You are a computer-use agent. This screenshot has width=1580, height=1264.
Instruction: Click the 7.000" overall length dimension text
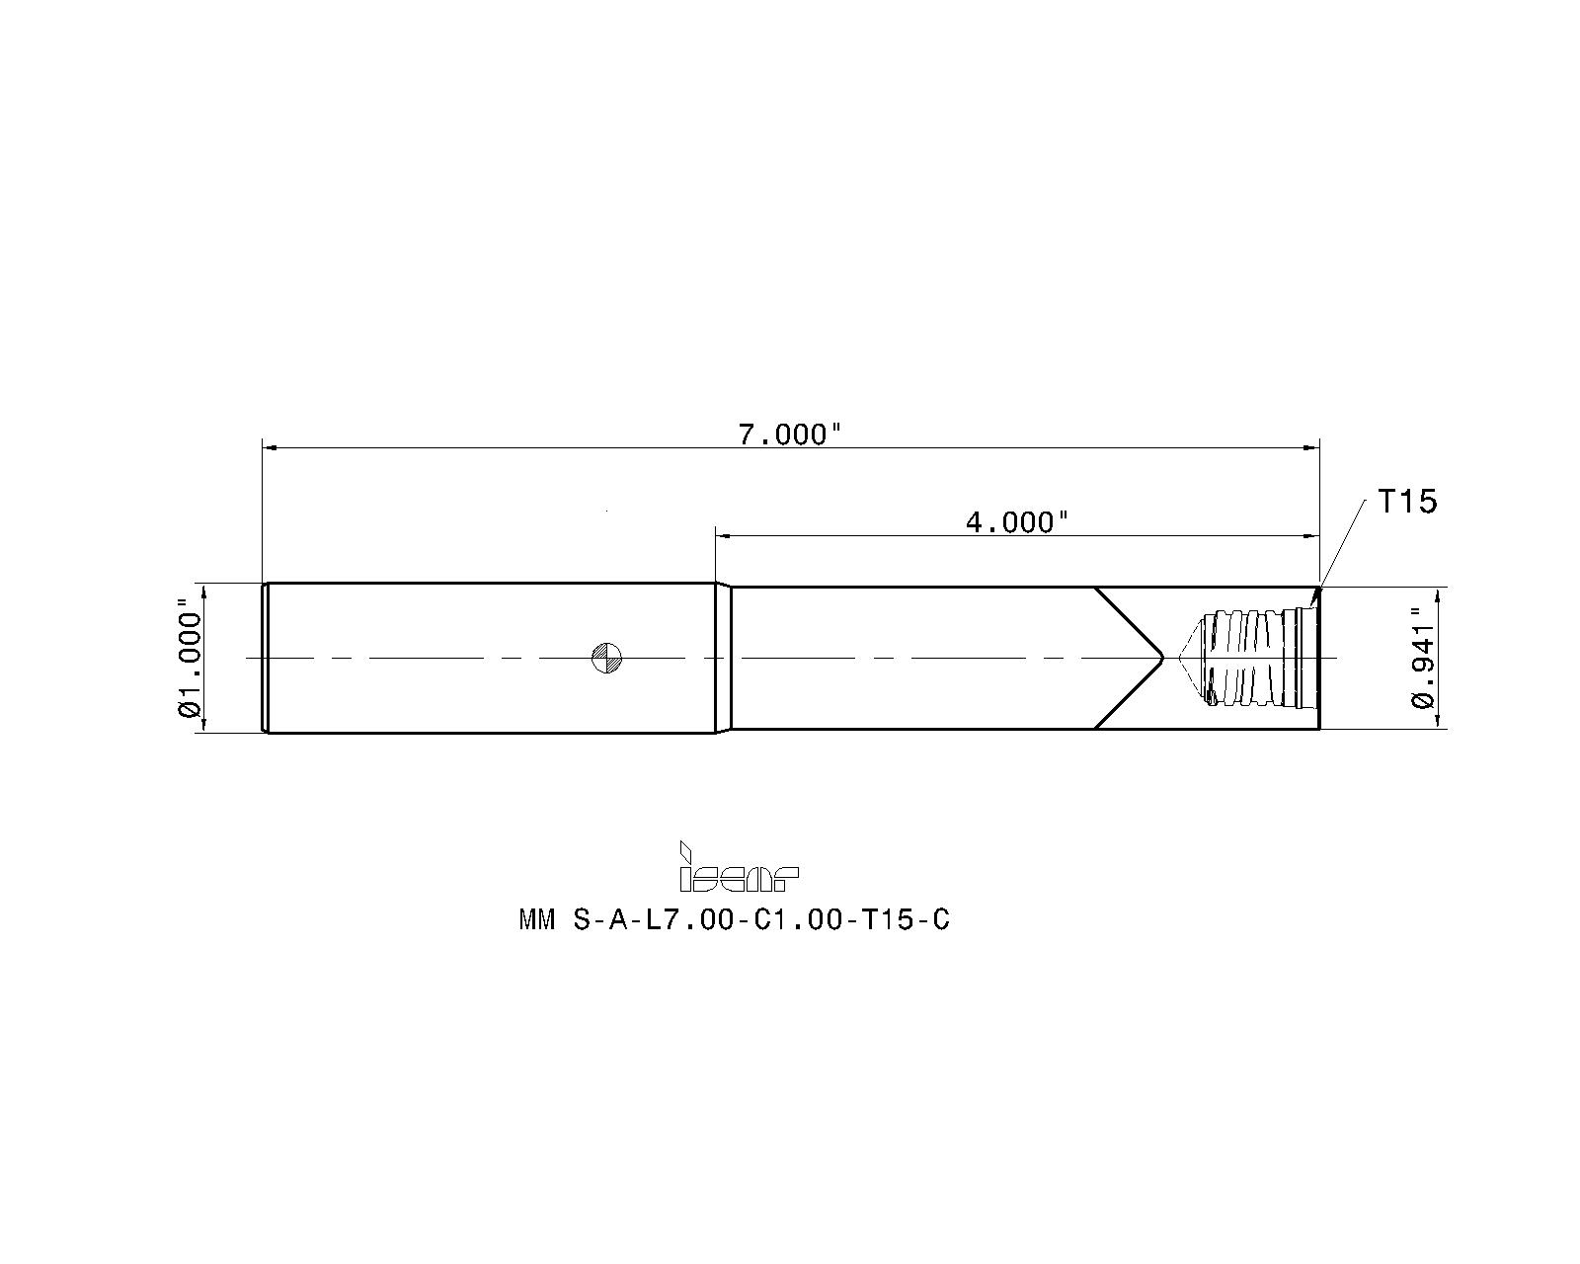click(790, 434)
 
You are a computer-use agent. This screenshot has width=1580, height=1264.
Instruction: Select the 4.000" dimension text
click(1017, 521)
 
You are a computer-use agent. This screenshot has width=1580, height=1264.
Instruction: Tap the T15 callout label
click(1407, 502)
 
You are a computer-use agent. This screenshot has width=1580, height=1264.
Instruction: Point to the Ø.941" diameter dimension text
click(1422, 658)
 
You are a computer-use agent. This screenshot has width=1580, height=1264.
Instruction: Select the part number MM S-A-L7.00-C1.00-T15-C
click(734, 920)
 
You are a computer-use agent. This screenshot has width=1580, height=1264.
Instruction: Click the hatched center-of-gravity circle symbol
click(605, 658)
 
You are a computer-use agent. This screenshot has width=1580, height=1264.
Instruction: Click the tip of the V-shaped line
click(1162, 658)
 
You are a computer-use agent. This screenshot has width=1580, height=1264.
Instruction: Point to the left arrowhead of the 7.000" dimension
click(269, 447)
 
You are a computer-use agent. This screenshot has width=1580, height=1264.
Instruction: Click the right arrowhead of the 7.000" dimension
click(1312, 447)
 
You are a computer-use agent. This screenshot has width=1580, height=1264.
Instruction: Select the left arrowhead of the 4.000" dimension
click(723, 535)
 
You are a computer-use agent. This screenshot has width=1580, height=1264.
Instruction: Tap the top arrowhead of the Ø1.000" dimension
click(203, 591)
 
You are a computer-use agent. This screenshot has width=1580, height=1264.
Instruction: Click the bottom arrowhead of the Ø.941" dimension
click(1437, 723)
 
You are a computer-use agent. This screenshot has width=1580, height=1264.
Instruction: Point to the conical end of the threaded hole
click(1192, 658)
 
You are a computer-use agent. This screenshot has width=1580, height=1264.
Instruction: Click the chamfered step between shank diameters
click(723, 658)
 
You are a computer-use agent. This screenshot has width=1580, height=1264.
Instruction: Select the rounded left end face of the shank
click(265, 658)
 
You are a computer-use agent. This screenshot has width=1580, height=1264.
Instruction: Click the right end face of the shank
click(1319, 658)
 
